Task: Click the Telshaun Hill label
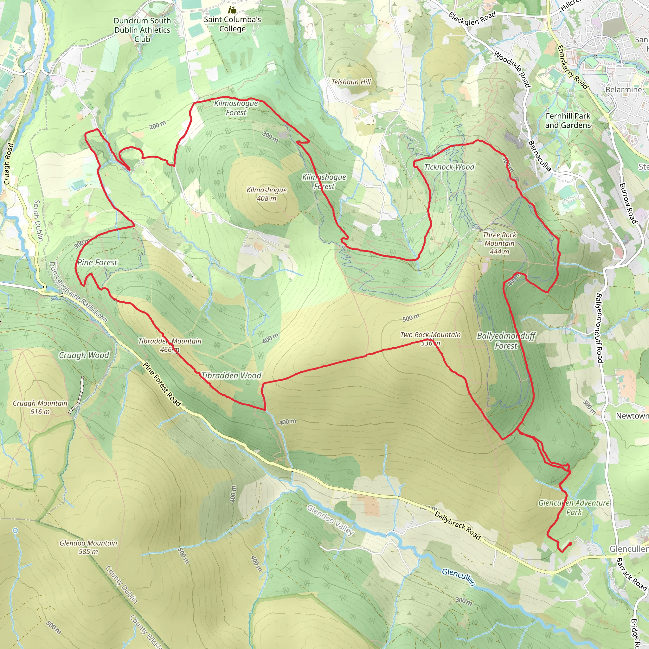tap(351, 82)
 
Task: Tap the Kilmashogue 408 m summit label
tap(267, 194)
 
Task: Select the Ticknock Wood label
tap(449, 167)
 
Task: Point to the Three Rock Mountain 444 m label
tap(499, 243)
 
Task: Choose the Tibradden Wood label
tap(231, 376)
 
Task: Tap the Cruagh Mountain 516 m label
tap(40, 407)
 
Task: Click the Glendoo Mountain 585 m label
tap(88, 547)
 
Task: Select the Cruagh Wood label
tap(84, 355)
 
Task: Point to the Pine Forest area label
tap(97, 262)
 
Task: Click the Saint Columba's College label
tap(233, 24)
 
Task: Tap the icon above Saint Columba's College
tap(232, 10)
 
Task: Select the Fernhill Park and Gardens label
tap(568, 120)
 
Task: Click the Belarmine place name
tap(623, 90)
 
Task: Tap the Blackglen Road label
tap(472, 19)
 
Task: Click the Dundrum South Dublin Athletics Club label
tap(142, 30)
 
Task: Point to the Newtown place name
tap(632, 416)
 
